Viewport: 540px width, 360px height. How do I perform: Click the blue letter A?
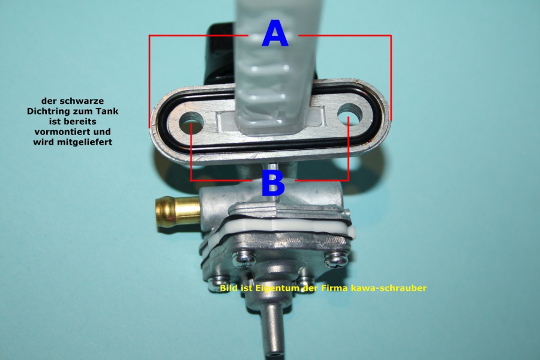tap(275, 33)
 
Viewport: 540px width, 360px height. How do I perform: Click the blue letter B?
tap(273, 183)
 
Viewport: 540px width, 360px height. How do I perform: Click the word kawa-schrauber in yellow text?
tap(388, 288)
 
